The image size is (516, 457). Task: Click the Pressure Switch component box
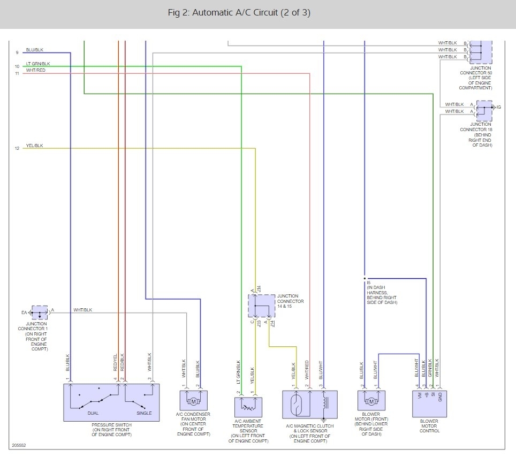pos(111,402)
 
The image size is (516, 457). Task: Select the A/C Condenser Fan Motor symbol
pos(194,400)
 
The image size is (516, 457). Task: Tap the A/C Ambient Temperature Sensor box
pos(248,407)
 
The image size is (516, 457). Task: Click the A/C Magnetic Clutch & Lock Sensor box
pos(310,405)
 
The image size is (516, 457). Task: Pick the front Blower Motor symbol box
pos(371,400)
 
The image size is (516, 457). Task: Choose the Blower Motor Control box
pos(429,403)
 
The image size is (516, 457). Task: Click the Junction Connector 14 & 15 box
pos(262,306)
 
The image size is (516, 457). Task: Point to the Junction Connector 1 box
pos(40,312)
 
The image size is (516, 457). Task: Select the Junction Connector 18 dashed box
pos(484,111)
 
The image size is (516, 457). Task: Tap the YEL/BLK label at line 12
pos(35,146)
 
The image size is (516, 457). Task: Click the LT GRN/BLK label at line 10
pos(38,64)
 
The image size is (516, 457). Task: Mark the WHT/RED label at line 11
pos(35,70)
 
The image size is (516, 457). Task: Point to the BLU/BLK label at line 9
pos(35,50)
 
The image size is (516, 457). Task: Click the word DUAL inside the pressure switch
pos(93,413)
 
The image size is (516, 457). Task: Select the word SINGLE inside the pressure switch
pos(144,413)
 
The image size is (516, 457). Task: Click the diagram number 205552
pos(19,445)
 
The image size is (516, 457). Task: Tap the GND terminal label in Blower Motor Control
pos(440,397)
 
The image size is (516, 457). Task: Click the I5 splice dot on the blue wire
pos(365,278)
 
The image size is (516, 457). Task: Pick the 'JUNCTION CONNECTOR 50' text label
pos(476,71)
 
